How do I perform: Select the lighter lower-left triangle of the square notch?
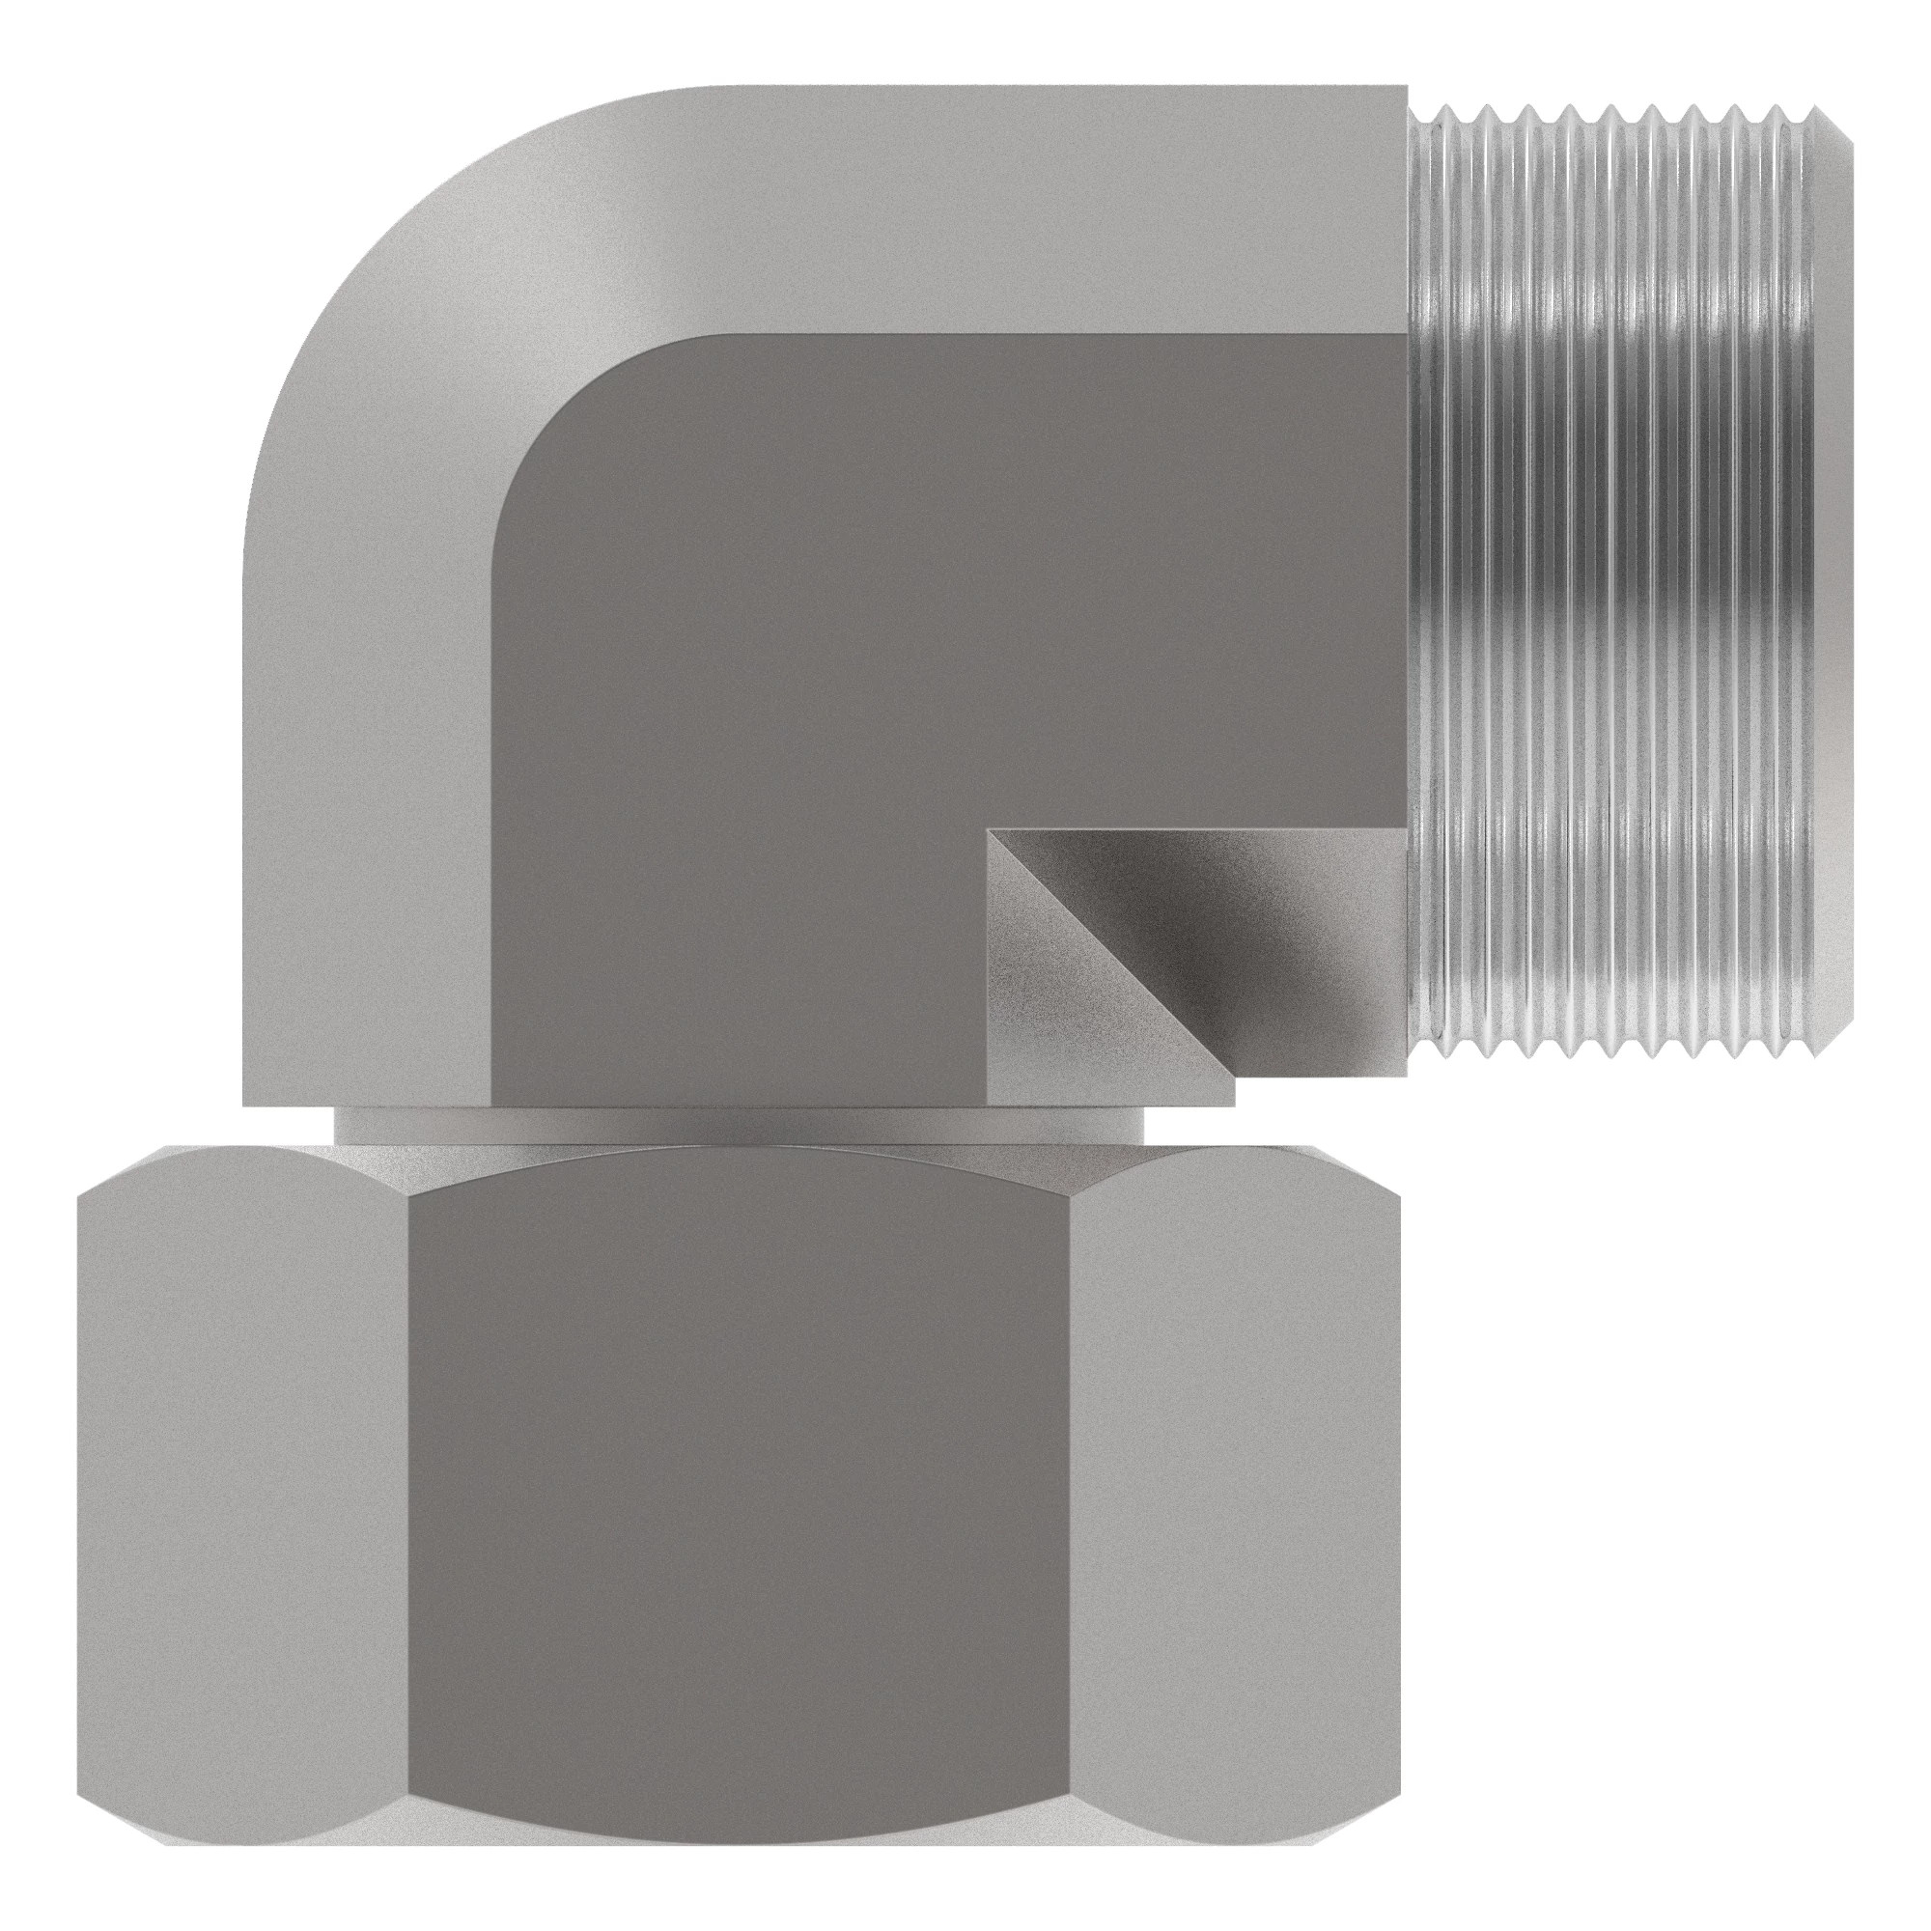(1049, 1020)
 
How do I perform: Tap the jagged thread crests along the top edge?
(1619, 112)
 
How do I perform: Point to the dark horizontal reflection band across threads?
(1619, 609)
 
